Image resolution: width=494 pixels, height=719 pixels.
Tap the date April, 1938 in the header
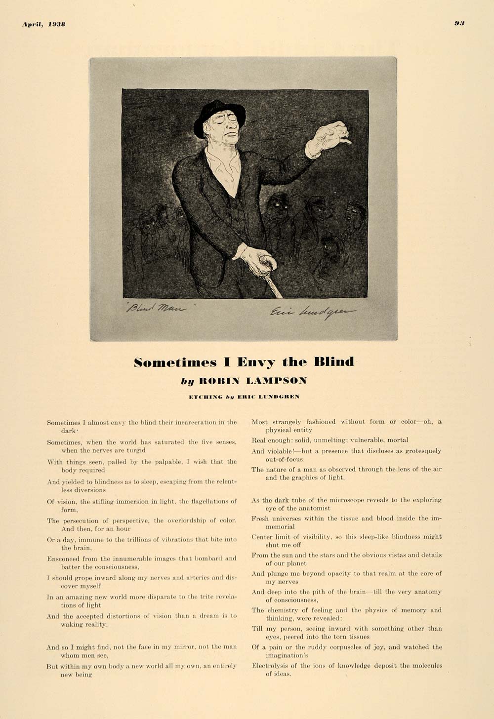(x=43, y=24)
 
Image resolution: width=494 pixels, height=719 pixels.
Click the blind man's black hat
(x=217, y=114)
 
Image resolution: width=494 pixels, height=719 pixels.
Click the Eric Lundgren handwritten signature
(x=311, y=312)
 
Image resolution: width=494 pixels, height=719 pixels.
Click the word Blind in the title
(x=334, y=362)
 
